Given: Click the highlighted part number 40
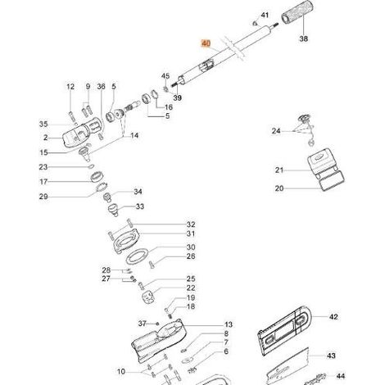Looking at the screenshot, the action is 206,43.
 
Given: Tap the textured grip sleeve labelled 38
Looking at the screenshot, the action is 297,12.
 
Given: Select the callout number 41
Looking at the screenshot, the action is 265,15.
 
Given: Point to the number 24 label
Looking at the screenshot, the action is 276,131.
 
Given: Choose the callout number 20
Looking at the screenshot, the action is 279,188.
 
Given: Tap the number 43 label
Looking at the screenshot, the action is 331,356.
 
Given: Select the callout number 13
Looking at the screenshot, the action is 229,324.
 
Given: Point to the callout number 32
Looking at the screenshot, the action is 191,224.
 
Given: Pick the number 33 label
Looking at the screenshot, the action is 140,206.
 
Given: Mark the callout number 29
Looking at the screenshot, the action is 43,197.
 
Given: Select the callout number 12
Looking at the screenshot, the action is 70,87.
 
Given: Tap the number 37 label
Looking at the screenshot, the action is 142,324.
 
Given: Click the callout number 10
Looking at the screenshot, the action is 121,371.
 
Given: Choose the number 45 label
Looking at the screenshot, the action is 165,76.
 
